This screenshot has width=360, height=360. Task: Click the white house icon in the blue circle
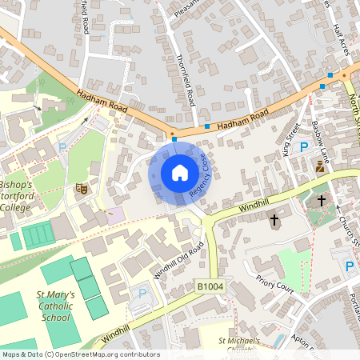(x=180, y=172)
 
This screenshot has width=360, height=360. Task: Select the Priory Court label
(x=274, y=284)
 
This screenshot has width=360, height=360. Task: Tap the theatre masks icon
(x=80, y=188)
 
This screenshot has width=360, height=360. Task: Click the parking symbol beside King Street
(x=303, y=146)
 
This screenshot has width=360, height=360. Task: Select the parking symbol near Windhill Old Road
(x=143, y=293)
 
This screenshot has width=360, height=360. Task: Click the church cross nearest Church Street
(x=322, y=199)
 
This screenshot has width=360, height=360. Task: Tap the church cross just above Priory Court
(x=274, y=218)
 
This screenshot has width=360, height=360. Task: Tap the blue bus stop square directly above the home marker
(x=174, y=139)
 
